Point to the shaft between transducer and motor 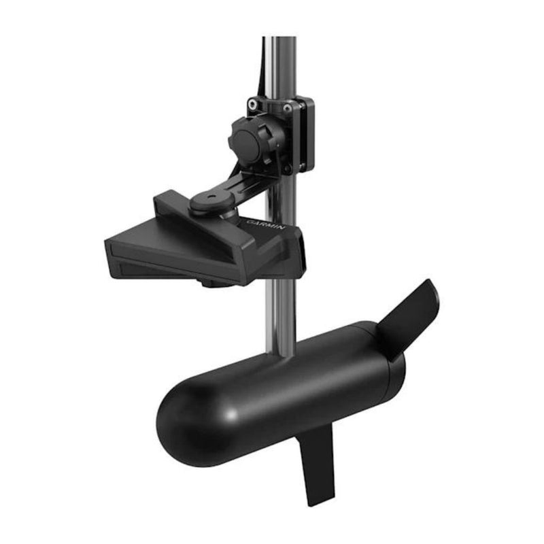280,313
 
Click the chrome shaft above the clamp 279,61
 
